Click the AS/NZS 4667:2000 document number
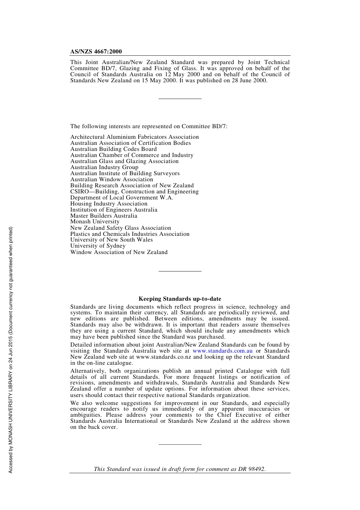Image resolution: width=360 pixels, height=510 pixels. click(96, 52)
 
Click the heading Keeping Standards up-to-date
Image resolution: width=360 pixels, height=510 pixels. click(180, 299)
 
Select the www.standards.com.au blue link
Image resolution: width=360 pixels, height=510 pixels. click(222, 351)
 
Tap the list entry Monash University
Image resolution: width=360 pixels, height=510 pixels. click(95, 222)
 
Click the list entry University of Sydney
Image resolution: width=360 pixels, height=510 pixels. click(98, 246)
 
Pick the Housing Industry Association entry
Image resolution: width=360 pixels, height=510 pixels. click(109, 204)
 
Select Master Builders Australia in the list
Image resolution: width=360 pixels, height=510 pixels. click(103, 216)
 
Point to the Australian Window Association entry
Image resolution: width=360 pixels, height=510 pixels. click(111, 179)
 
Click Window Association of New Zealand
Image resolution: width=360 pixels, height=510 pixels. click(119, 252)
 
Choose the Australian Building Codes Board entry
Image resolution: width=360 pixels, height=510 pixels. click(113, 149)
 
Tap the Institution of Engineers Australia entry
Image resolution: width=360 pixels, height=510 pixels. click(114, 210)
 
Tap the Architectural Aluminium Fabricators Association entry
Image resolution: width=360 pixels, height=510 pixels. click(134, 137)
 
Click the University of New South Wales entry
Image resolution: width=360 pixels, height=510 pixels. click(111, 240)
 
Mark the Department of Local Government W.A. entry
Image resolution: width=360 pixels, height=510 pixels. click(121, 198)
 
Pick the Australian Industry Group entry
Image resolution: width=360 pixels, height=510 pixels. click(104, 167)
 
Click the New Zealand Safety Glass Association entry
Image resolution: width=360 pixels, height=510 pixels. click(121, 228)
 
